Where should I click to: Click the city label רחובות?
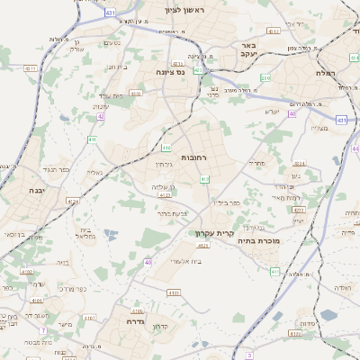(x=193, y=157)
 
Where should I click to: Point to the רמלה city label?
(x=326, y=72)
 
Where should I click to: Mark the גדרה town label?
(x=137, y=321)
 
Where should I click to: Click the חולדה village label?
(x=341, y=287)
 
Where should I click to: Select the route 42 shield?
(x=101, y=116)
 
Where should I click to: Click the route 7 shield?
(x=42, y=331)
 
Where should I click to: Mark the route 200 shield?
(x=265, y=78)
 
